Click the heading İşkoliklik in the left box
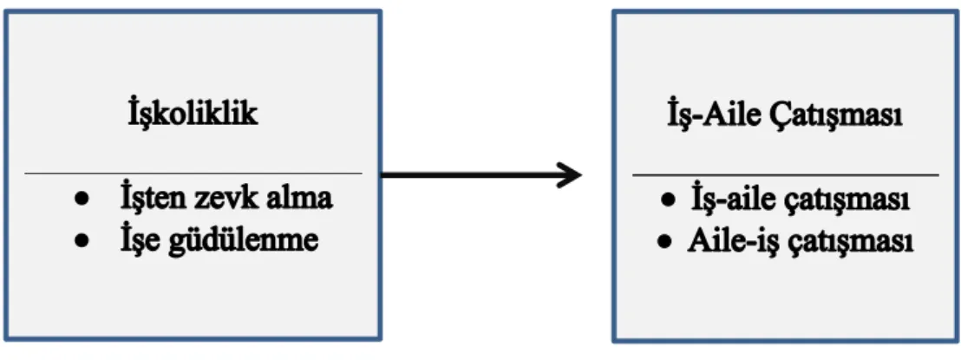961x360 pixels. click(x=193, y=115)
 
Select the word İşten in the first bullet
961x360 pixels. click(x=151, y=199)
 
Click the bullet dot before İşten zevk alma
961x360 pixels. click(x=82, y=200)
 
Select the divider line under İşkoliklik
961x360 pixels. click(x=193, y=173)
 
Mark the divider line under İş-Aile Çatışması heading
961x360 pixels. click(x=785, y=175)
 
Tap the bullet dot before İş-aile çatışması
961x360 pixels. click(x=670, y=201)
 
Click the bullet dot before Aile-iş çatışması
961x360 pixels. click(x=663, y=242)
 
